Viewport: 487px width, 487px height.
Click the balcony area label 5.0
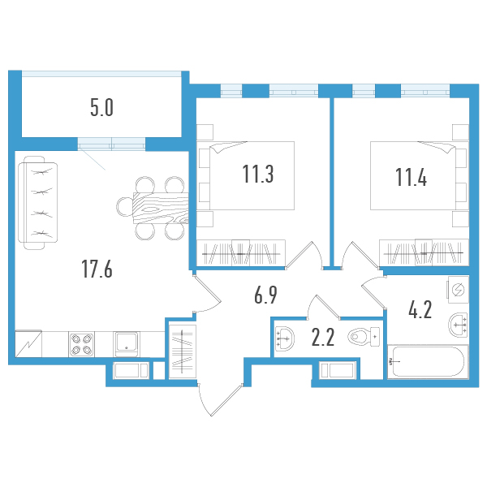[x=101, y=106]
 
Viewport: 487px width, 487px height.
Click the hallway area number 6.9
[x=265, y=295]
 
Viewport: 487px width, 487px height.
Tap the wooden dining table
[x=160, y=206]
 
